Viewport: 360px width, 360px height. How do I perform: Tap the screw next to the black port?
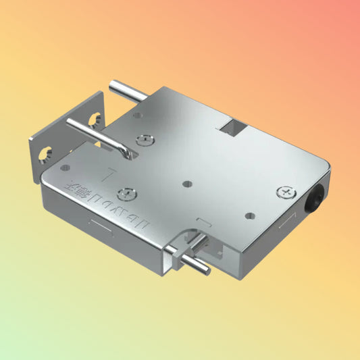pyautogui.click(x=286, y=193)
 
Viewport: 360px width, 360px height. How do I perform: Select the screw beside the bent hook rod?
pyautogui.click(x=144, y=140)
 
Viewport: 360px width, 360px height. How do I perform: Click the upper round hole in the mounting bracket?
pyautogui.click(x=94, y=120)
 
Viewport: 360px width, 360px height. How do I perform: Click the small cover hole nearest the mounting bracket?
pyautogui.click(x=65, y=166)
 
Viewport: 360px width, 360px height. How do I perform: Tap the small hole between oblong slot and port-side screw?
pyautogui.click(x=250, y=217)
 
